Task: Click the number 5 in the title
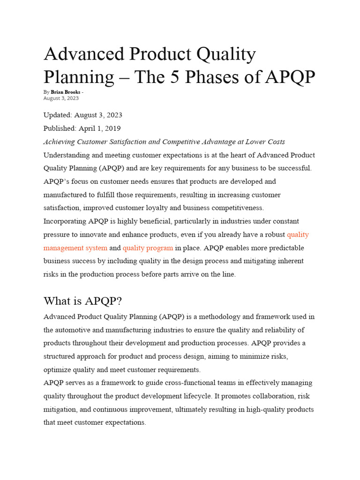(173, 77)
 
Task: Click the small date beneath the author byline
(61, 98)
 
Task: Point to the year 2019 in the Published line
(112, 128)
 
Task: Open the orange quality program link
(148, 247)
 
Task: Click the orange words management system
(75, 247)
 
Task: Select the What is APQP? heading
(83, 300)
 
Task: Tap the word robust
(273, 234)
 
